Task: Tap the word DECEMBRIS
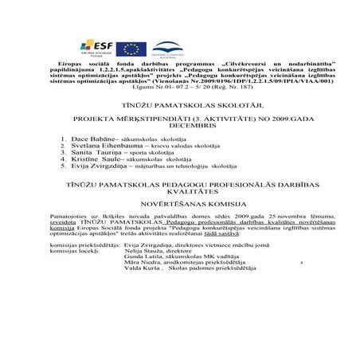[180, 126]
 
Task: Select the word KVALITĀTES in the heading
[180, 213]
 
